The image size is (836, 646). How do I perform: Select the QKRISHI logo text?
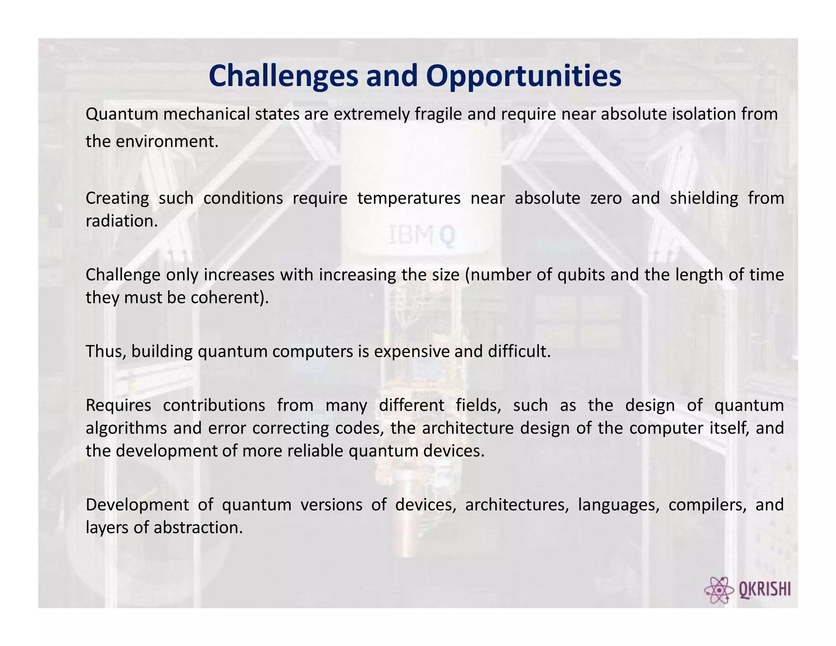pyautogui.click(x=765, y=590)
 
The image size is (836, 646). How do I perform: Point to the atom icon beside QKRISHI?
pyautogui.click(x=719, y=590)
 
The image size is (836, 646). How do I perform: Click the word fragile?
pyautogui.click(x=438, y=114)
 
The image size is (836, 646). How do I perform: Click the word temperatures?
pyautogui.click(x=409, y=198)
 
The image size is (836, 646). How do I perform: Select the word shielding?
pyautogui.click(x=704, y=198)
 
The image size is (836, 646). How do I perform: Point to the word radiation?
pyautogui.click(x=121, y=221)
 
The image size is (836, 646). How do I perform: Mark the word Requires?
pyautogui.click(x=118, y=405)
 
